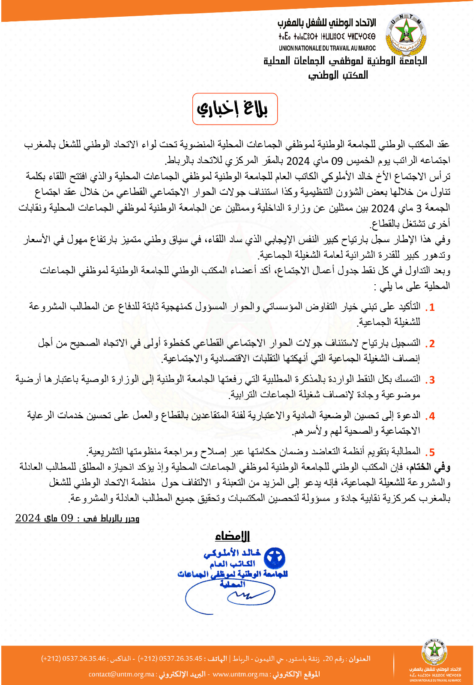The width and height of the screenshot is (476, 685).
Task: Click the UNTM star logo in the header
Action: (405, 34)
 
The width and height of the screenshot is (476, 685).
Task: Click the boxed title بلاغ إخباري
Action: (235, 109)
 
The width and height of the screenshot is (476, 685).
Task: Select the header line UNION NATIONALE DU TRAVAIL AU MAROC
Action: (327, 48)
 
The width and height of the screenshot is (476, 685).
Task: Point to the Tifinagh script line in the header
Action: (327, 37)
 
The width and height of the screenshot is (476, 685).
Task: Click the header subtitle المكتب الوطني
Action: (338, 75)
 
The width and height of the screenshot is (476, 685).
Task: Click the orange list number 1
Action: (431, 307)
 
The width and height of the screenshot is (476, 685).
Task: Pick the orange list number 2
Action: (431, 344)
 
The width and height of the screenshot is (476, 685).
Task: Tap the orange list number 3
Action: (431, 380)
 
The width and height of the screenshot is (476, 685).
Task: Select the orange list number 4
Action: (431, 416)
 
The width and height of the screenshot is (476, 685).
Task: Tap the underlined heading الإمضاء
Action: (232, 536)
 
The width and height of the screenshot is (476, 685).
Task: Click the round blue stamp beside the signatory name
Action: (275, 558)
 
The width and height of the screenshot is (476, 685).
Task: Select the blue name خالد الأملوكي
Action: (232, 553)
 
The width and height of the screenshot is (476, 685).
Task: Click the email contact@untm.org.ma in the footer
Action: (121, 674)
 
